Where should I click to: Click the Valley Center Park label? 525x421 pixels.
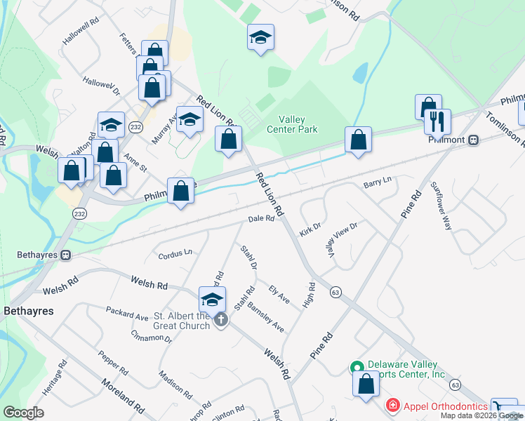point(292,124)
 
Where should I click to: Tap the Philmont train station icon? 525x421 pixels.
point(474,139)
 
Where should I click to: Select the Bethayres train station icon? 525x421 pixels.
point(66,254)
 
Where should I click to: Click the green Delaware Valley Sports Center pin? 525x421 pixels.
point(357,367)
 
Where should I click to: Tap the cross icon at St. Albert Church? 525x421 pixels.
point(220,321)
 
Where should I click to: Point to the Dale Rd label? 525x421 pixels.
point(260,219)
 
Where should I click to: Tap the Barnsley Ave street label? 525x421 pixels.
point(265,317)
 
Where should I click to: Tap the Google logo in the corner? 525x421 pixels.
point(24,413)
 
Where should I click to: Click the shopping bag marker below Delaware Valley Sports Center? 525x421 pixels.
point(366,385)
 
